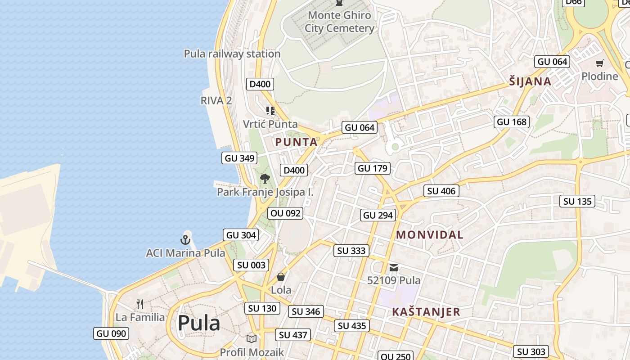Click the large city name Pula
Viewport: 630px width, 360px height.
tap(199, 323)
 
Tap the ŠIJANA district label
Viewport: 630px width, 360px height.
tap(530, 81)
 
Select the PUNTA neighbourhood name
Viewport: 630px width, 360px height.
tap(296, 142)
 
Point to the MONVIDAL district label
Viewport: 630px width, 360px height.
tap(430, 235)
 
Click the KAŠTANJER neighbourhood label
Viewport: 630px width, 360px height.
tap(426, 312)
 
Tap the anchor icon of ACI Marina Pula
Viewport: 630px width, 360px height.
tap(185, 240)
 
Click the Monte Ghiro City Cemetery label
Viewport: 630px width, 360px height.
tap(339, 22)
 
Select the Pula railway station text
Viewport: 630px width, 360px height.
tap(232, 54)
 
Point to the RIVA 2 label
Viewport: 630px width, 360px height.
tap(216, 100)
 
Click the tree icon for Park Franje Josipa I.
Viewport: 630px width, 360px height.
tap(265, 178)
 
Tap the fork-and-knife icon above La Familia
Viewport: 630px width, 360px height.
tap(140, 304)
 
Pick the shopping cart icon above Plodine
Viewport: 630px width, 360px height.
tap(599, 63)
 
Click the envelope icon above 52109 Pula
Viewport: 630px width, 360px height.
tap(394, 268)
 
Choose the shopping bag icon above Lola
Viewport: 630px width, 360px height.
tap(281, 277)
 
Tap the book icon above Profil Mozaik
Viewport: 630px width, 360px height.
tap(252, 339)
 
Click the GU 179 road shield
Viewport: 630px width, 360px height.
tap(372, 168)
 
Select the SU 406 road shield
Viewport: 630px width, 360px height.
tap(441, 191)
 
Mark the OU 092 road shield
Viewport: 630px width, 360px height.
tap(285, 213)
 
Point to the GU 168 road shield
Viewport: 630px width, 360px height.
tap(511, 121)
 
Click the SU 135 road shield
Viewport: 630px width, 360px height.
tap(578, 201)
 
